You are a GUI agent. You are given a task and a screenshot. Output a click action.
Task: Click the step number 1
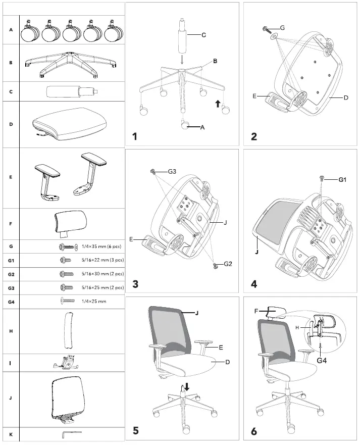135,136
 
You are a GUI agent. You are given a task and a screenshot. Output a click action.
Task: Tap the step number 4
254,284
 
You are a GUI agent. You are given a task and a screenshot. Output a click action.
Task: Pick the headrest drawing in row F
71,223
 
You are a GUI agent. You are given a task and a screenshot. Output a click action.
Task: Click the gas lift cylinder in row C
71,92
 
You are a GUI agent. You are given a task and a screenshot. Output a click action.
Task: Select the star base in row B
71,63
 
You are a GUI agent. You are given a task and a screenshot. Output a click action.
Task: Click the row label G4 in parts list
11,301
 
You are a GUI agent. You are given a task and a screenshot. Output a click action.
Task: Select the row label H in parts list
11,331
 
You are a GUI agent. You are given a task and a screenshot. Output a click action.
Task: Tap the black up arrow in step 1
218,104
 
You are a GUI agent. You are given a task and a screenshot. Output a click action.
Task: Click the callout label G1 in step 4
343,180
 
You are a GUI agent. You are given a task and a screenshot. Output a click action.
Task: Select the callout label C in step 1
203,35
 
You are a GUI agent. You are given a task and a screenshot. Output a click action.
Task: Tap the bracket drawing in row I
69,363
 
